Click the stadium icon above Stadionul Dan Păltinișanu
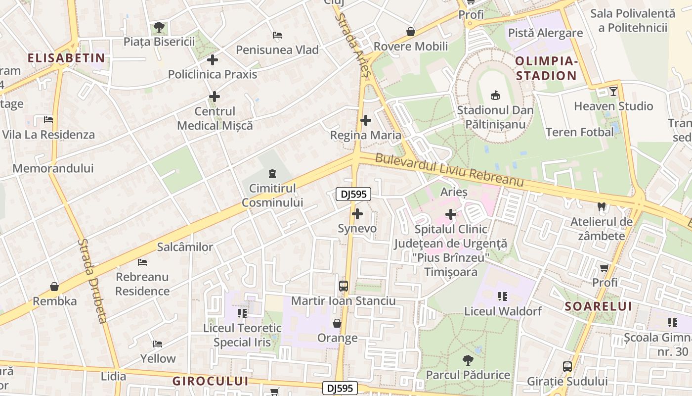click(495, 95)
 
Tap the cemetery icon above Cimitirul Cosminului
click(272, 174)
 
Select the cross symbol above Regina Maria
click(366, 120)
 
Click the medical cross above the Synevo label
click(357, 214)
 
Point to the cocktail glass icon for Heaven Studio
click(613, 92)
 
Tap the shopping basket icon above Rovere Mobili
click(410, 32)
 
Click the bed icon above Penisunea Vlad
click(277, 35)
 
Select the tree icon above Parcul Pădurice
click(468, 360)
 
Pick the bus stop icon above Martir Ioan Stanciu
click(343, 286)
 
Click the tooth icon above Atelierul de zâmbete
click(602, 207)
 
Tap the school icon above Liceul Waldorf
click(503, 297)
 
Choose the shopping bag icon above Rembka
click(54, 287)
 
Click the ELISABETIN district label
click(66, 58)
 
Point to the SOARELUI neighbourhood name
click(598, 306)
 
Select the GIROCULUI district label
click(210, 381)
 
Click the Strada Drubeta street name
click(92, 281)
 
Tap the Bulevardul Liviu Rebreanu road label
click(449, 171)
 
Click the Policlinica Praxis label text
click(213, 74)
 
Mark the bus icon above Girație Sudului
click(567, 367)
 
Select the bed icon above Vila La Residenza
click(48, 120)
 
